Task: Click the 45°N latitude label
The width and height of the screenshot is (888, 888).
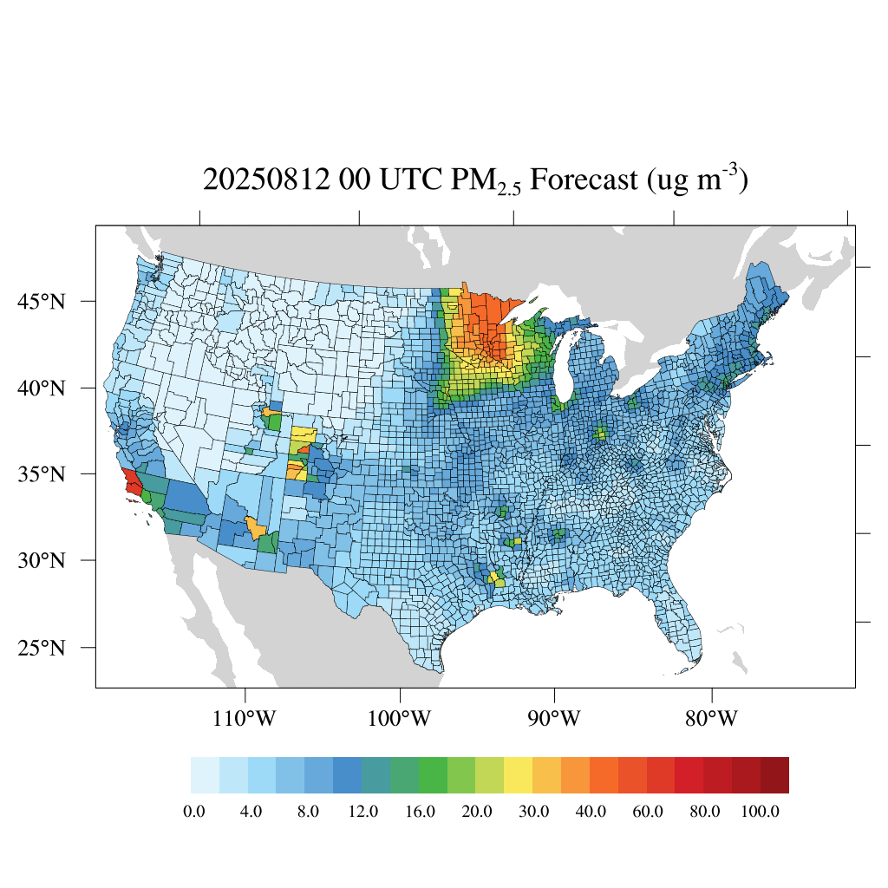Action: pos(42,302)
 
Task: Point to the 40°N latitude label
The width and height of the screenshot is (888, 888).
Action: pos(42,388)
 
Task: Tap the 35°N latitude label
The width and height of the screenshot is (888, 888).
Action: pos(42,474)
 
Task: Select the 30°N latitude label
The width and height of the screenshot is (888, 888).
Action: pos(42,560)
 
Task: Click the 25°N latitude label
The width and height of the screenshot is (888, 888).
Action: pos(42,648)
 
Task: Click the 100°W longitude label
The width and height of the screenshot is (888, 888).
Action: pos(401,719)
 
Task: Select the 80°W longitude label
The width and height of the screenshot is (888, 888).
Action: pos(712,719)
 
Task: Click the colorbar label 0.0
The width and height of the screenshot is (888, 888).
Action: pos(194,812)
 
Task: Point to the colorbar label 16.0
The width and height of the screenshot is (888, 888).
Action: pos(420,812)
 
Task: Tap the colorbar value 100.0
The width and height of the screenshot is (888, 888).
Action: pos(761,812)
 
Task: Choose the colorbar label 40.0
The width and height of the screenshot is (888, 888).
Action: pos(591,812)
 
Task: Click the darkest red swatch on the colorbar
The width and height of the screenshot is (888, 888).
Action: pos(774,775)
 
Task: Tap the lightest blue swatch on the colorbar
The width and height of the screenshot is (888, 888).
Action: pos(205,775)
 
